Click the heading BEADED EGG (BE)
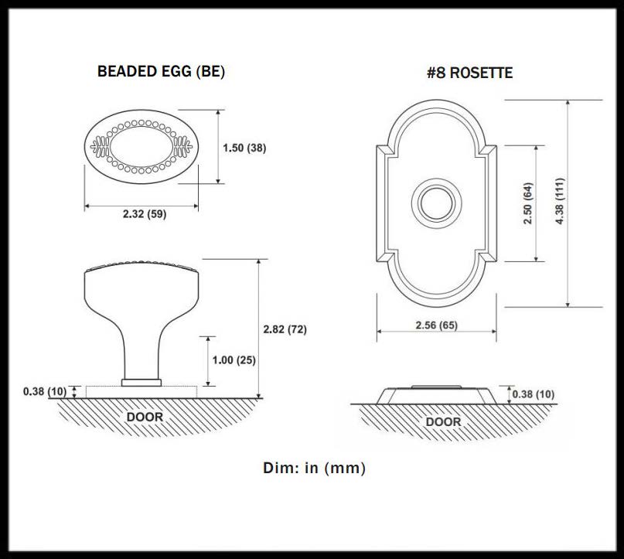(x=161, y=72)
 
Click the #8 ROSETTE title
(x=469, y=73)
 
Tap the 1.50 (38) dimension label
(x=244, y=148)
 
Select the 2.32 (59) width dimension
(x=145, y=214)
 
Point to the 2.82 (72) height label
(x=285, y=329)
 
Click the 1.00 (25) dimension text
(x=234, y=360)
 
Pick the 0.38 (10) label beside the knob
(x=45, y=391)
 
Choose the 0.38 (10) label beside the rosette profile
(x=534, y=394)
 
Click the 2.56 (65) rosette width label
(x=437, y=325)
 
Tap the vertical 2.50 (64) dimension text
(x=527, y=203)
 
